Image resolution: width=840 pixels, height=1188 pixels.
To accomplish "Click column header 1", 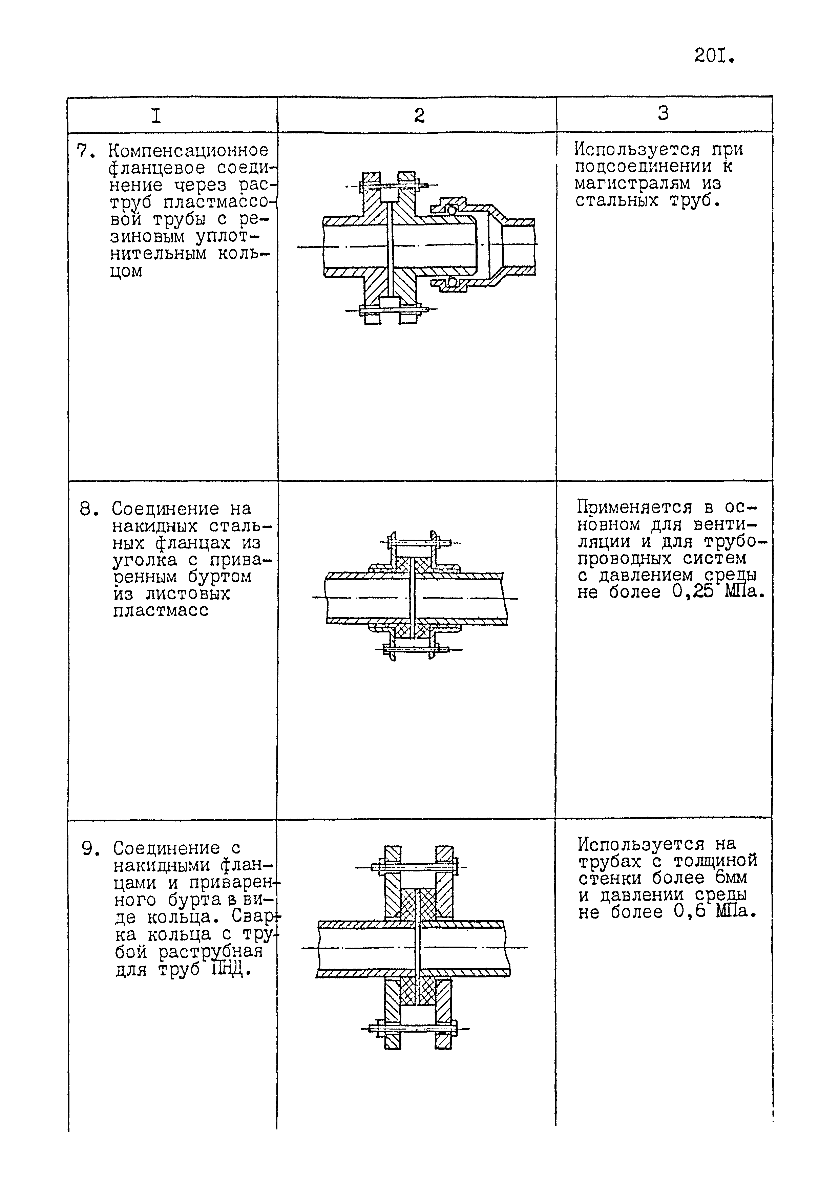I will (156, 115).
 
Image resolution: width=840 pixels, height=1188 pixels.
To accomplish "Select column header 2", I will (419, 115).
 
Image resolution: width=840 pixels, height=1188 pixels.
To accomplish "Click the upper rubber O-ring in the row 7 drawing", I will (452, 210).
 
